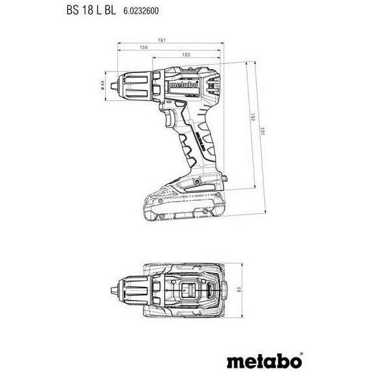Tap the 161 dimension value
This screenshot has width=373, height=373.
[x=161, y=41]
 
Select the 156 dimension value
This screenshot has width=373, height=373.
[x=142, y=48]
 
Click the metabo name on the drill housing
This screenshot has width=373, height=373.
[x=180, y=82]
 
